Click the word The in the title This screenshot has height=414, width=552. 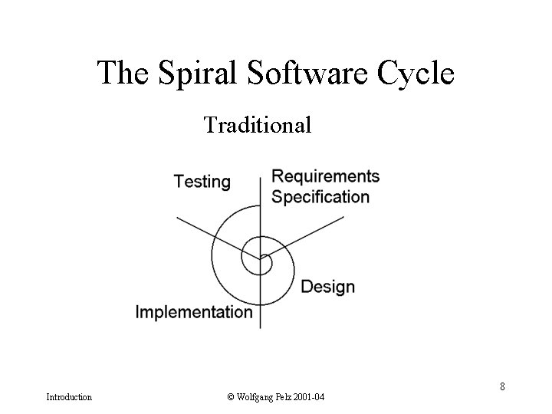[x=123, y=74]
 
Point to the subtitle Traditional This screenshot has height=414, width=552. [x=258, y=124]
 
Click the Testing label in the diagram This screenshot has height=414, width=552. [x=202, y=182]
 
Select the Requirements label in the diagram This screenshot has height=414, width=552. [x=326, y=176]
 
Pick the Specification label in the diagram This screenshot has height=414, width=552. [x=320, y=196]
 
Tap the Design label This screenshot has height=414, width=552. [x=327, y=287]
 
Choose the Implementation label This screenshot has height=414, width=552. [x=194, y=312]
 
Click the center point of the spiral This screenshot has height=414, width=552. [x=261, y=257]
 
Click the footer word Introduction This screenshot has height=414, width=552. [x=69, y=397]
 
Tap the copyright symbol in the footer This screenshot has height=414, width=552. [x=230, y=397]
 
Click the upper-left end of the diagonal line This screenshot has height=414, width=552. [x=177, y=218]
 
